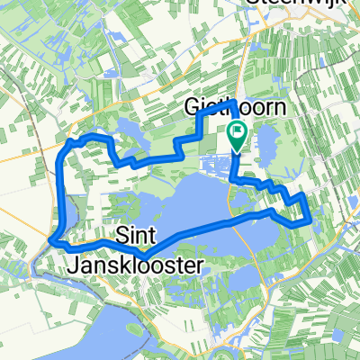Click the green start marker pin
click(237, 135)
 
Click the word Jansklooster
click(135, 265)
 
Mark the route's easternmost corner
click(310, 216)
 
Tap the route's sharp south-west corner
click(52, 241)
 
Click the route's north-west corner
click(70, 142)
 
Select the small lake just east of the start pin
click(266, 139)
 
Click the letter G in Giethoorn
click(191, 109)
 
